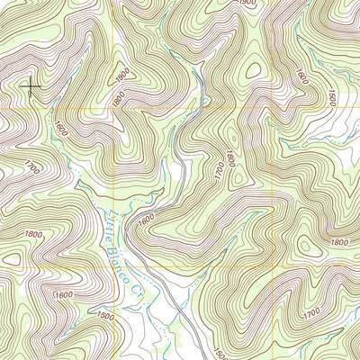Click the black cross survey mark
[x=32, y=87]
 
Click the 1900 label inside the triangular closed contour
[x=123, y=71]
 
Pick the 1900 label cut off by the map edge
[x=247, y=4]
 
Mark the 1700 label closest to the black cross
[x=33, y=167]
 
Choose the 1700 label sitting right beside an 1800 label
[x=217, y=167]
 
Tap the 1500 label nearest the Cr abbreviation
[x=105, y=316]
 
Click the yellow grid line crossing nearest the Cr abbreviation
[x=113, y=267]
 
